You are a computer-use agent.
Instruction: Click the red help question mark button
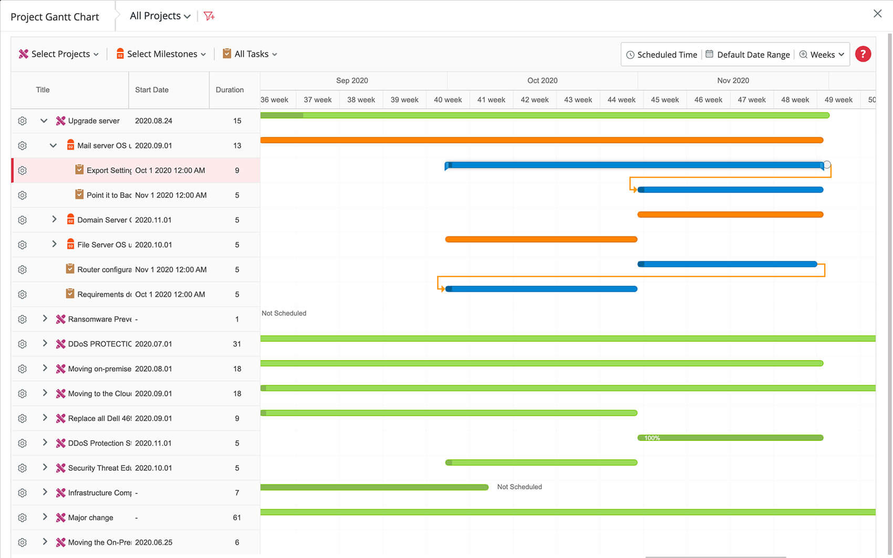click(x=863, y=54)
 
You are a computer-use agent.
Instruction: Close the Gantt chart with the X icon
click(x=877, y=14)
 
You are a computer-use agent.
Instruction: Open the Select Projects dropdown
click(x=59, y=54)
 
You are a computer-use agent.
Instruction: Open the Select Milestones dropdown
click(x=161, y=54)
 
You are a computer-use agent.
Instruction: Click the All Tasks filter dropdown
click(x=250, y=54)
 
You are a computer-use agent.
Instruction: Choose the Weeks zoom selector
click(x=822, y=55)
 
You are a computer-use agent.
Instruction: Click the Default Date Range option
click(x=747, y=55)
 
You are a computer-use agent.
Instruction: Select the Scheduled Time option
click(x=661, y=55)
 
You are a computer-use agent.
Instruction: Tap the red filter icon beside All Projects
click(x=209, y=16)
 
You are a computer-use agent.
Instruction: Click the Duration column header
click(x=230, y=90)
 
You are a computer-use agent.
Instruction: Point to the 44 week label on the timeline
click(x=621, y=100)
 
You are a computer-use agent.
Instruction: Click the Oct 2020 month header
click(x=542, y=80)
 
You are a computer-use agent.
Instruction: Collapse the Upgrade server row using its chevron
click(x=44, y=121)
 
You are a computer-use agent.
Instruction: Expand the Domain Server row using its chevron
click(x=54, y=219)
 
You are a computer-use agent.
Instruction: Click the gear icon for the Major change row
click(x=22, y=518)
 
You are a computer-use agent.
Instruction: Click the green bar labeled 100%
click(x=730, y=438)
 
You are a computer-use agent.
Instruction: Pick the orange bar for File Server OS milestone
click(x=541, y=239)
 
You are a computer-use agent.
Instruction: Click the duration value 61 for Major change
click(x=237, y=518)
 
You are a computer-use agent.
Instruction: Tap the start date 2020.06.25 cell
click(x=153, y=542)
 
